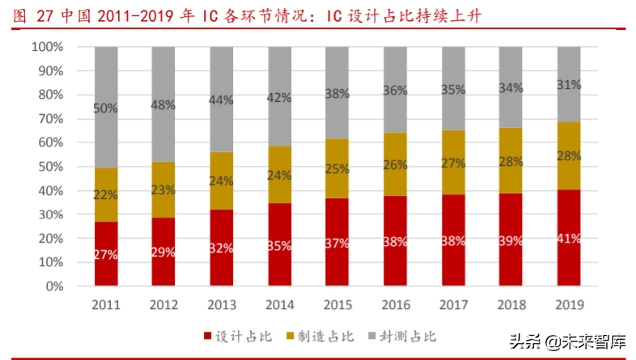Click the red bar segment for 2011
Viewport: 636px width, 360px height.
tap(106, 254)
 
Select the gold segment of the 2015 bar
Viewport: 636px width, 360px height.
tap(337, 168)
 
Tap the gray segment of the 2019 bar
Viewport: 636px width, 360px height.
tap(569, 84)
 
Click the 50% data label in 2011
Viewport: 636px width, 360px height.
tap(106, 108)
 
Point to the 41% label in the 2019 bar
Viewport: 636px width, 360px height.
tap(569, 239)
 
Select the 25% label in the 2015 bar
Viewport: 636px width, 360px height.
tap(337, 169)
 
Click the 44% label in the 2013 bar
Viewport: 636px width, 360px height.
tap(222, 100)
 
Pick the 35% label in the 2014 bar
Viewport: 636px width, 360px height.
tap(280, 244)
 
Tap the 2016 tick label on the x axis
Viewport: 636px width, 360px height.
tap(396, 304)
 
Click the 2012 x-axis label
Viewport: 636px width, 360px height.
tap(164, 304)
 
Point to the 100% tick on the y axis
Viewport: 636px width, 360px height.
tap(47, 47)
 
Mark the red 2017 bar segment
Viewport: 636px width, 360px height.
tap(453, 240)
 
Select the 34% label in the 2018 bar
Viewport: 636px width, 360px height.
tap(511, 87)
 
